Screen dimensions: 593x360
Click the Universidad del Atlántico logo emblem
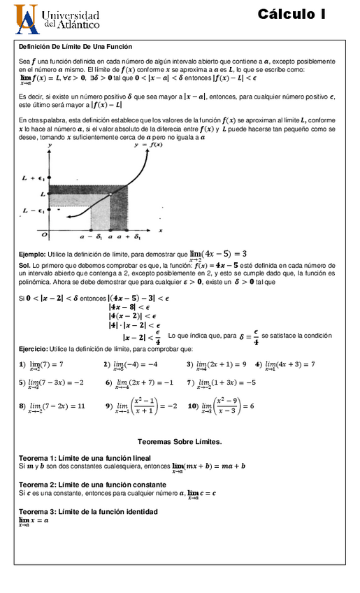(x=27, y=19)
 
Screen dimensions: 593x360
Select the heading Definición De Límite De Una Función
(x=75, y=46)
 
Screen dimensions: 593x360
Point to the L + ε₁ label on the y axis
(x=33, y=178)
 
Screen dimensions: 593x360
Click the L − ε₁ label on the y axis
(x=33, y=210)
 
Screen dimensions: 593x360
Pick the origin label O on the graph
(x=44, y=234)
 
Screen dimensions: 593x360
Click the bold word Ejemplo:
(x=32, y=255)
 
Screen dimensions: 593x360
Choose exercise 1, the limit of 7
(x=41, y=364)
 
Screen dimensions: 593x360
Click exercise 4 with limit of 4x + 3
(x=285, y=364)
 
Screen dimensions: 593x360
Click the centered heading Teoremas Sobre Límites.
(x=180, y=442)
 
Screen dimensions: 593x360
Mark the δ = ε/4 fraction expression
(x=249, y=337)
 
